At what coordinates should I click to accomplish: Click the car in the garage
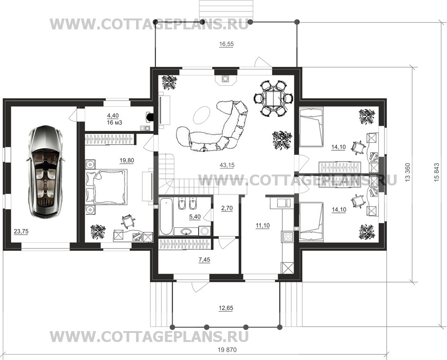[x=46, y=171]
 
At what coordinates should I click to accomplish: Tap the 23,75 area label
[x=21, y=231]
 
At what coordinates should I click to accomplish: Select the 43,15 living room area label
[x=227, y=165]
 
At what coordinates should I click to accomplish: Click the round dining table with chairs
[x=273, y=98]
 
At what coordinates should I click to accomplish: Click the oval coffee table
[x=202, y=115]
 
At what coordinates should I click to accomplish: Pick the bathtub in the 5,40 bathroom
[x=166, y=216]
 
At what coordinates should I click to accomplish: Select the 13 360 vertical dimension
[x=407, y=172]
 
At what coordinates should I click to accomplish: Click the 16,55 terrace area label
[x=227, y=44]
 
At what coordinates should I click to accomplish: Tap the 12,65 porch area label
[x=226, y=308]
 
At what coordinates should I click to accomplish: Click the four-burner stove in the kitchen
[x=287, y=236]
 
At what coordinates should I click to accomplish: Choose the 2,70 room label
[x=227, y=208]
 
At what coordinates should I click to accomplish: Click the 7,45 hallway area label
[x=204, y=259]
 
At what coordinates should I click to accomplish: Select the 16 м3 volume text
[x=115, y=123]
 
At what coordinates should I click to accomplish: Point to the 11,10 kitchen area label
[x=262, y=226]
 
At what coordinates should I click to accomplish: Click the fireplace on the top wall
[x=226, y=79]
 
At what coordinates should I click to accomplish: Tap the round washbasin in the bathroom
[x=186, y=231]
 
